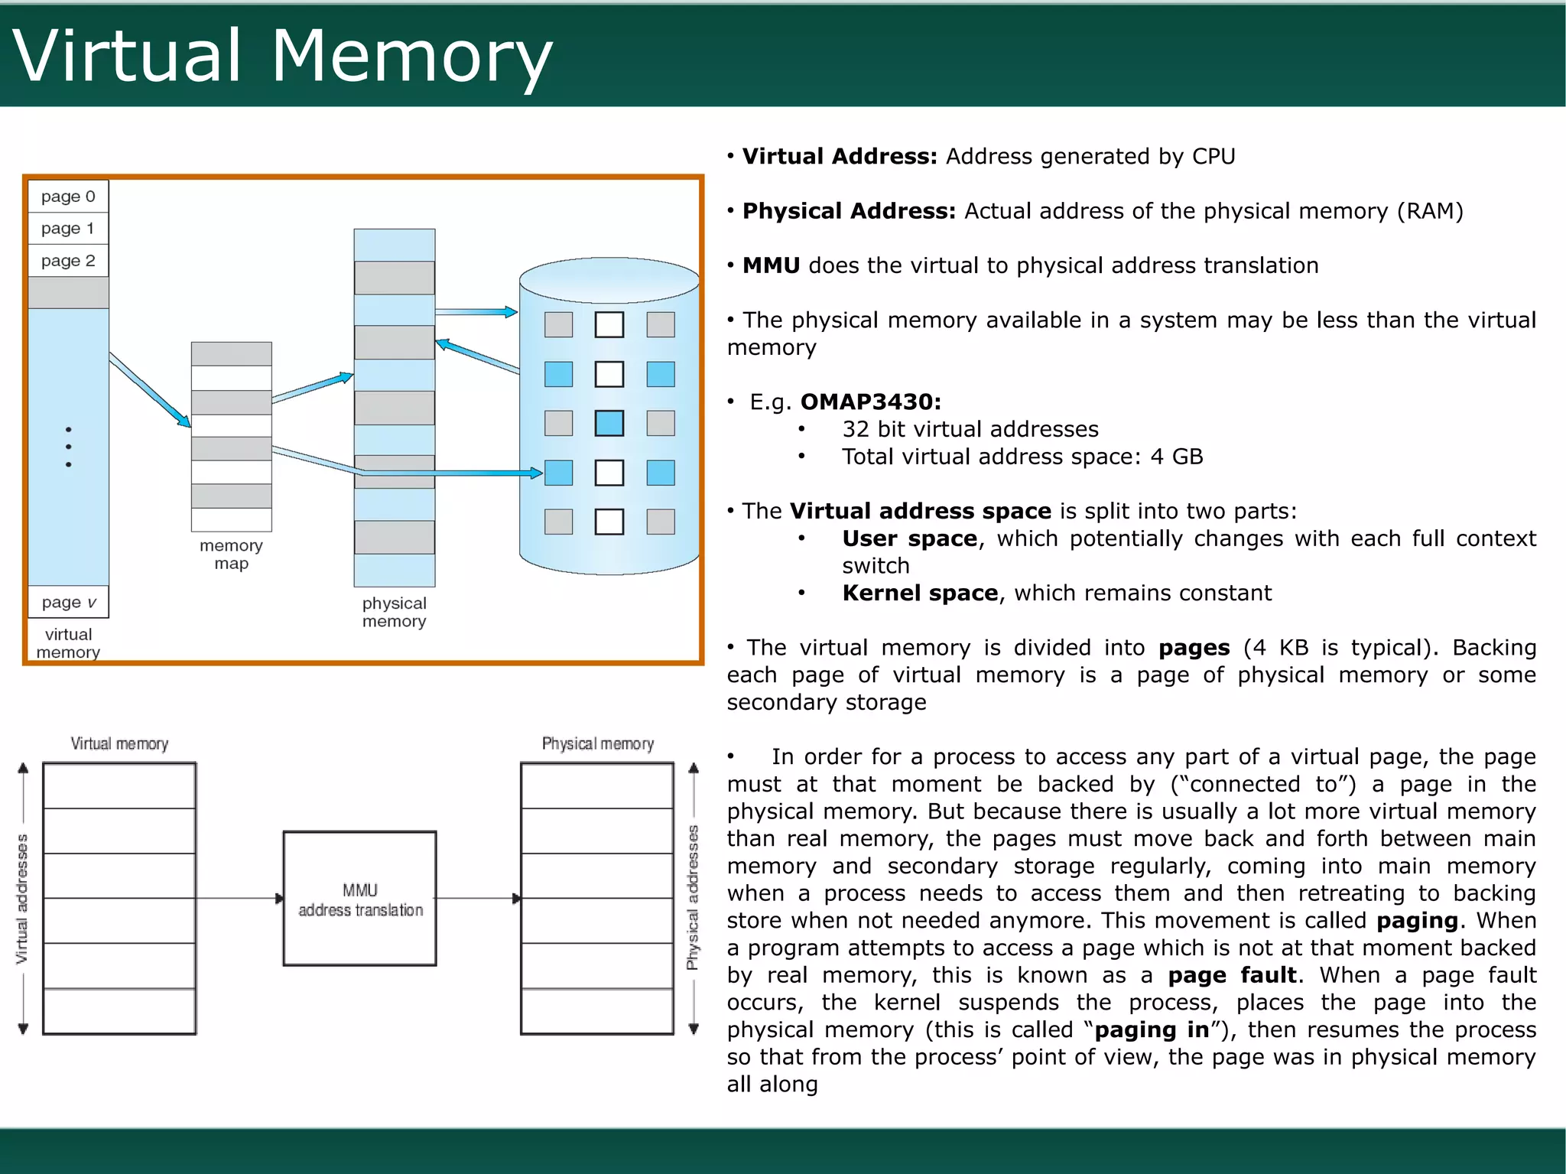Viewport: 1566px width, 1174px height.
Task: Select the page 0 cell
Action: click(68, 197)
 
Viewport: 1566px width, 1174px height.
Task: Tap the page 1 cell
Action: click(68, 229)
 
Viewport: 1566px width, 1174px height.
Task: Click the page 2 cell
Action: click(68, 261)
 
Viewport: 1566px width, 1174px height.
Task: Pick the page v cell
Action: click(68, 602)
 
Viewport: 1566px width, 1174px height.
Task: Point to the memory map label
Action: click(231, 554)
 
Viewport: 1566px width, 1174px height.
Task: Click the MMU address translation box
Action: click(359, 899)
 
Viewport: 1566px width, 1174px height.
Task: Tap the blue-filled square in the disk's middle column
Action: click(609, 423)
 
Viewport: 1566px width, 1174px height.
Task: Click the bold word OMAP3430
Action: click(870, 402)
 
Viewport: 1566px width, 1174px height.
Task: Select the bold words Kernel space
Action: click(920, 593)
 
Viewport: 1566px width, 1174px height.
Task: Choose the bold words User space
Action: click(909, 538)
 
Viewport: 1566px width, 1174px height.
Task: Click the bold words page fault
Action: click(1232, 975)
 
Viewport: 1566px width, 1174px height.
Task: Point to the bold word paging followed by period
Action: click(1417, 920)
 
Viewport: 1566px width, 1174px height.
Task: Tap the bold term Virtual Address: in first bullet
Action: click(839, 156)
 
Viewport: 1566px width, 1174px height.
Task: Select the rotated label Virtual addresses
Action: click(22, 899)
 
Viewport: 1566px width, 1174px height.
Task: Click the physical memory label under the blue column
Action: click(394, 612)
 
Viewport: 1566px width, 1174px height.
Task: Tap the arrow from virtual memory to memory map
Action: click(150, 389)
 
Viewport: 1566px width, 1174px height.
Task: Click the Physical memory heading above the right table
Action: click(597, 743)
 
